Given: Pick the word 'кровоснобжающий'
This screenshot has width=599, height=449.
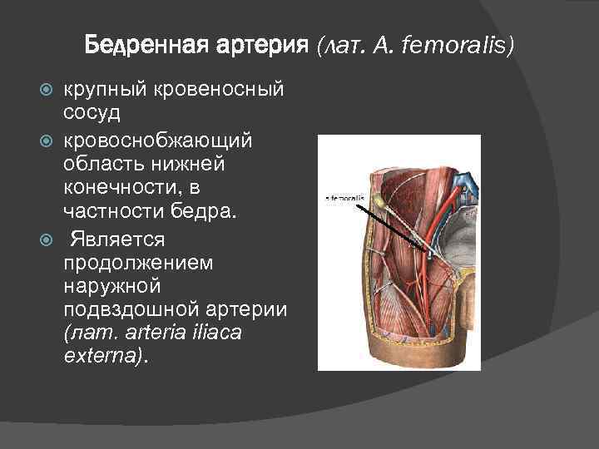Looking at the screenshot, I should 146,136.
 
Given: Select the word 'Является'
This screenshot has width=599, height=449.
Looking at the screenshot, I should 118,240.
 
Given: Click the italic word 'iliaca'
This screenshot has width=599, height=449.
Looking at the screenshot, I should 254,333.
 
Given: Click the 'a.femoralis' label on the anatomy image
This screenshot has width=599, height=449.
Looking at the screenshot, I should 343,199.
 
